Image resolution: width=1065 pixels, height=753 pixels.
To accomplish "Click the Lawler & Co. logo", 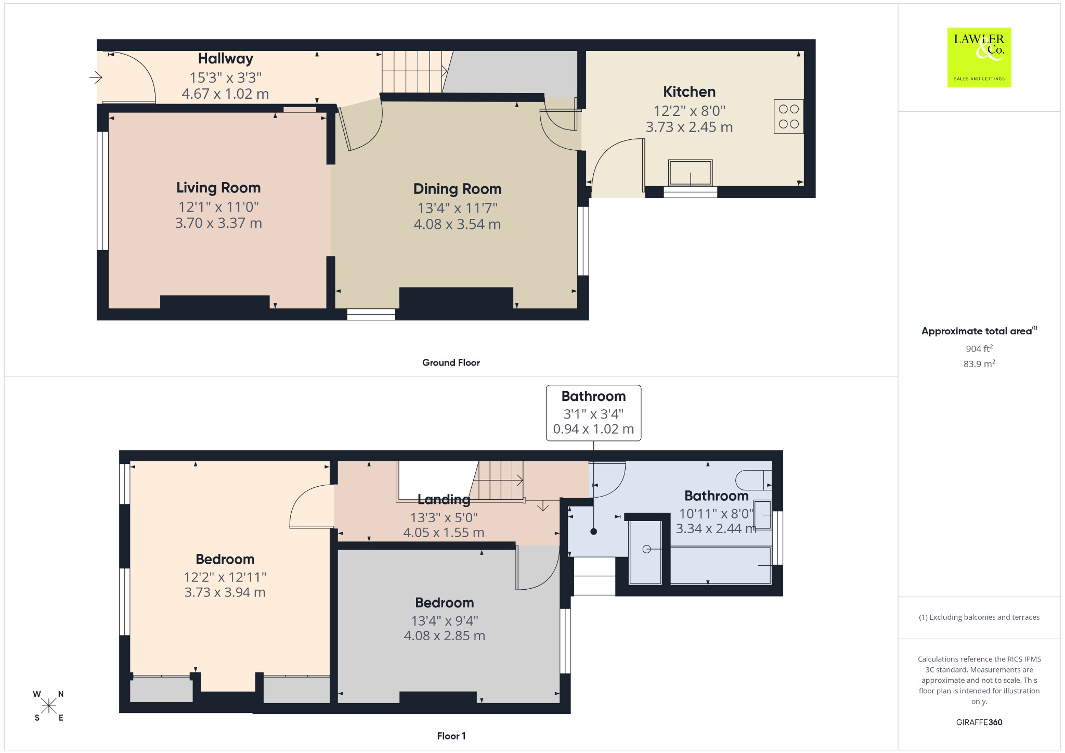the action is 979,57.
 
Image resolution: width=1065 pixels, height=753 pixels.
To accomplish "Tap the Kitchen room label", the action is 689,92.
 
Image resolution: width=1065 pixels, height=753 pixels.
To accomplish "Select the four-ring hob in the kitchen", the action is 788,116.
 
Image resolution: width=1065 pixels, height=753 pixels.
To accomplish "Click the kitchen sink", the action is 690,173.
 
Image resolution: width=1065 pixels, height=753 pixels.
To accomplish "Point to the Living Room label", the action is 218,188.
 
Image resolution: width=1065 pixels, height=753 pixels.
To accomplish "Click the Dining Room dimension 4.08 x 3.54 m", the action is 457,224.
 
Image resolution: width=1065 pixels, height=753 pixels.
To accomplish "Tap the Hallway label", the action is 226,59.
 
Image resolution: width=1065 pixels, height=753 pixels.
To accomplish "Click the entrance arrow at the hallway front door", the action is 96,78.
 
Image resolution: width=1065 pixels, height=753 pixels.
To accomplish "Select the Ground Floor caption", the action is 451,362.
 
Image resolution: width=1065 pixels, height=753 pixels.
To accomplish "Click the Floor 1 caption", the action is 451,736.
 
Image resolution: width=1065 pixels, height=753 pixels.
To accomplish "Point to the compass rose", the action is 49,706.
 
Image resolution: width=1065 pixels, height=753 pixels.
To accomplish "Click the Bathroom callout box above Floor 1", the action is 593,413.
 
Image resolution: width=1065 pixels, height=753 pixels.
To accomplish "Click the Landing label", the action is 444,500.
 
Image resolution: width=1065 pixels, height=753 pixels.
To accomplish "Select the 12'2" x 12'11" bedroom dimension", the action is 225,577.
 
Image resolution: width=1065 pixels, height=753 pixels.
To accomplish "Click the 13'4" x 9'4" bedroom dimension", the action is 445,621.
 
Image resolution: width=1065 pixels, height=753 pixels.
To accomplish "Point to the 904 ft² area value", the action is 979,348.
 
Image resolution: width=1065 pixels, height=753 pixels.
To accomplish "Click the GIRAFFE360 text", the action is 979,722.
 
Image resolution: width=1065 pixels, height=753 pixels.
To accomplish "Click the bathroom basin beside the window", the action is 763,515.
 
